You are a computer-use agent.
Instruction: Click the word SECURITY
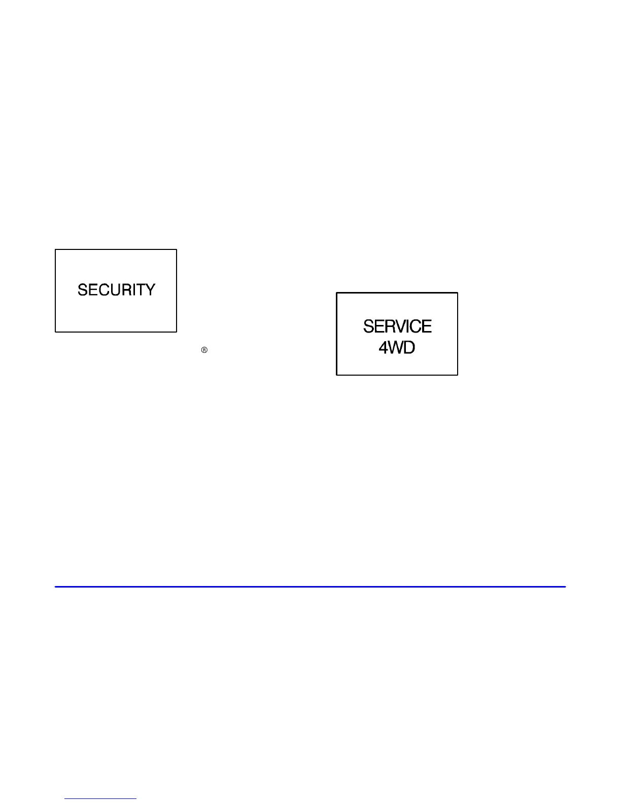point(116,290)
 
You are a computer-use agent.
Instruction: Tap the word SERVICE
point(397,326)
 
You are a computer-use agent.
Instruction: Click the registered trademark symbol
point(204,350)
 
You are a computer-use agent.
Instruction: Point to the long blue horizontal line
point(310,587)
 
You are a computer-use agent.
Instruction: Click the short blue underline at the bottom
point(100,798)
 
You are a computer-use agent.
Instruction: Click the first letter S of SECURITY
point(82,290)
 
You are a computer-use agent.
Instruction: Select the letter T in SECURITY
point(141,290)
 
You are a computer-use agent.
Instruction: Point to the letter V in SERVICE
point(397,326)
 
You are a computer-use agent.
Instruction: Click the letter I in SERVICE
point(406,326)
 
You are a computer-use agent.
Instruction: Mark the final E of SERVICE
point(427,326)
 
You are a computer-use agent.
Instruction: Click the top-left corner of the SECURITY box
point(55,249)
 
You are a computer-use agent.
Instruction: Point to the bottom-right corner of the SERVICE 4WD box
point(458,375)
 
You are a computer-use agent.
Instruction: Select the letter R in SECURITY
point(124,290)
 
